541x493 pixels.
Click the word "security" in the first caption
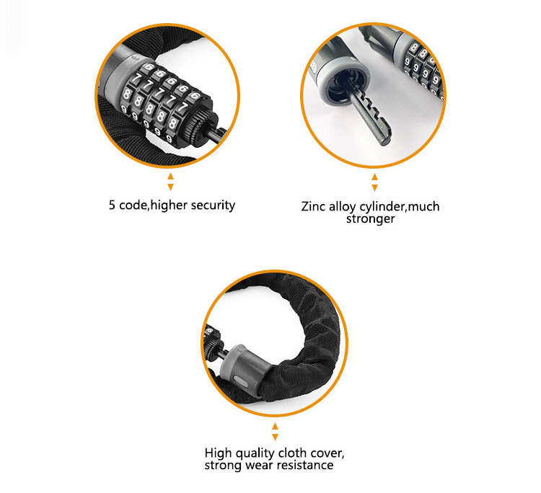tap(213, 205)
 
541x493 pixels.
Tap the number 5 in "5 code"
tap(112, 205)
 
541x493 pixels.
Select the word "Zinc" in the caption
tap(313, 207)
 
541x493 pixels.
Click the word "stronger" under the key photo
tap(370, 218)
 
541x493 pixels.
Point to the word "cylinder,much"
tap(400, 207)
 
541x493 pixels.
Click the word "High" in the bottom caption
tap(217, 453)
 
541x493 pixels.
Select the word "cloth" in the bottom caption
tap(293, 453)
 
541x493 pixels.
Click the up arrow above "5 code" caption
tap(170, 177)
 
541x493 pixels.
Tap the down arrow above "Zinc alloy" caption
tap(374, 188)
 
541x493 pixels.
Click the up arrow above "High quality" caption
tap(275, 427)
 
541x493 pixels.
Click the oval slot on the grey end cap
tap(240, 382)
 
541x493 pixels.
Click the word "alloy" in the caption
tap(342, 207)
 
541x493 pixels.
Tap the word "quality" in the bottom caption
tap(254, 453)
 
